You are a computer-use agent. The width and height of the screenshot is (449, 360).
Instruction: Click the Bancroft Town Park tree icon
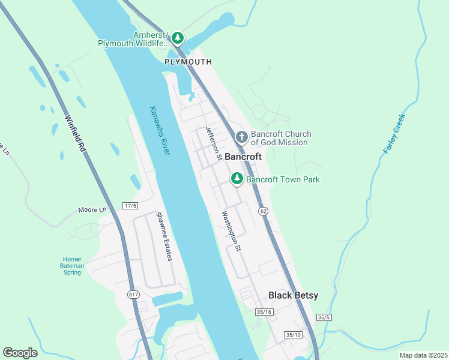pos(237,178)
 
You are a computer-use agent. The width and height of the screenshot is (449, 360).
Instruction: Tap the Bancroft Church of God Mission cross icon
pos(241,137)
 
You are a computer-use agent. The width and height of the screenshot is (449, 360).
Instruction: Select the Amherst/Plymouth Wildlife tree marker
pos(177,38)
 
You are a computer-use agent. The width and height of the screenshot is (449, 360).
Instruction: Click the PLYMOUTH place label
pos(188,62)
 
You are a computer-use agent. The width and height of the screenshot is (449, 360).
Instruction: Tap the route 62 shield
pos(263,211)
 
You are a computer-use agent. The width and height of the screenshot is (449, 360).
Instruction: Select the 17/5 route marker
pos(130,206)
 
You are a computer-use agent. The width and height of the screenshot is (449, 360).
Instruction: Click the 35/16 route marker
pos(264,312)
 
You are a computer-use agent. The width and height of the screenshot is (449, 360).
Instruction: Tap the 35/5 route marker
pos(324,317)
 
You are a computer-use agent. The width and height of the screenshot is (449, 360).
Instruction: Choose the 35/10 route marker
pos(294,335)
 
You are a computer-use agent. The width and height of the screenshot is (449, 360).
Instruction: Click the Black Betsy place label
pos(293,295)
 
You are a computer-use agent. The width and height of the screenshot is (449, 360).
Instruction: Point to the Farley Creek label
pos(394,133)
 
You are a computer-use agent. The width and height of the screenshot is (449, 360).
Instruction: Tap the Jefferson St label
pos(212,143)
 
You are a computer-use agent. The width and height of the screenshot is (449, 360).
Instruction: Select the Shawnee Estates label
pos(164,236)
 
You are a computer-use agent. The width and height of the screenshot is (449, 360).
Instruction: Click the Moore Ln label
pos(92,210)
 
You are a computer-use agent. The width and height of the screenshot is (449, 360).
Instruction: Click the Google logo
pos(20,353)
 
